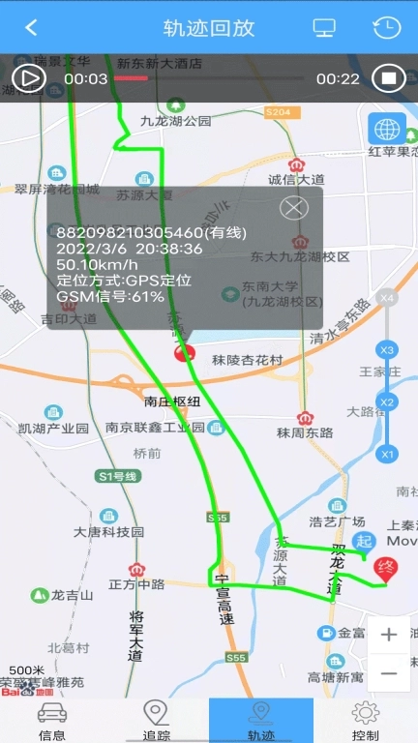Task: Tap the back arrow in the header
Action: tap(31, 27)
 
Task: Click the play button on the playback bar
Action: tap(29, 77)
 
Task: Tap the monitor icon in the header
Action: tap(324, 27)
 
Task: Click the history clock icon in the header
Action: tap(386, 27)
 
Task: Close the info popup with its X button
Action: tap(293, 207)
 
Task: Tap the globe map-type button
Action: tap(387, 129)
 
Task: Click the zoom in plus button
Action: tap(389, 635)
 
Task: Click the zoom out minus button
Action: tap(389, 672)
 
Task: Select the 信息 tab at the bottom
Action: tap(52, 721)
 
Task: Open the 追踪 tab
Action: tap(157, 721)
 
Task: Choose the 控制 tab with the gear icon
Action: tap(365, 721)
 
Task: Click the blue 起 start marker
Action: tap(364, 542)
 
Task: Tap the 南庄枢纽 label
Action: tap(172, 401)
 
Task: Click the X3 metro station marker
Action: tap(388, 349)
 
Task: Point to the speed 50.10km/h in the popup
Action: tap(97, 264)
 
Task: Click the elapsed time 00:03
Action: tap(86, 78)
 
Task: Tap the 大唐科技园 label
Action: tap(108, 531)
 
